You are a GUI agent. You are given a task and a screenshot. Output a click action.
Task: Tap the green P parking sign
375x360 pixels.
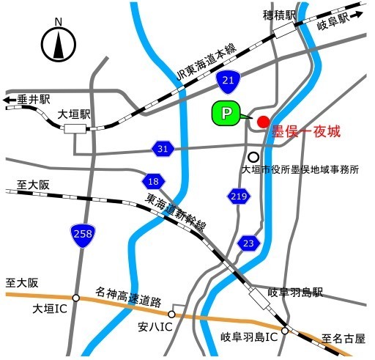click(226, 113)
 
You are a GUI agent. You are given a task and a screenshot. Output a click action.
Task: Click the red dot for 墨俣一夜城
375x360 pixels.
click(263, 120)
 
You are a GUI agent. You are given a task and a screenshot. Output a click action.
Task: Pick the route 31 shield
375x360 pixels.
click(163, 149)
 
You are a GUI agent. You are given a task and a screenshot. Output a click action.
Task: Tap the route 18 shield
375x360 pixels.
click(152, 181)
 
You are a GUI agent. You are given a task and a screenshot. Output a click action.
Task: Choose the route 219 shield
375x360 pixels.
click(238, 195)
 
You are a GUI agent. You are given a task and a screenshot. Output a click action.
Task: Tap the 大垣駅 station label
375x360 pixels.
click(75, 115)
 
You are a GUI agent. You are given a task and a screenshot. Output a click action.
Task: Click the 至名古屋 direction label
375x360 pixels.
click(343, 339)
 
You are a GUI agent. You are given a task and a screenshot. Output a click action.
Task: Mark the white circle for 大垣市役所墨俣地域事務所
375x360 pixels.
click(253, 156)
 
